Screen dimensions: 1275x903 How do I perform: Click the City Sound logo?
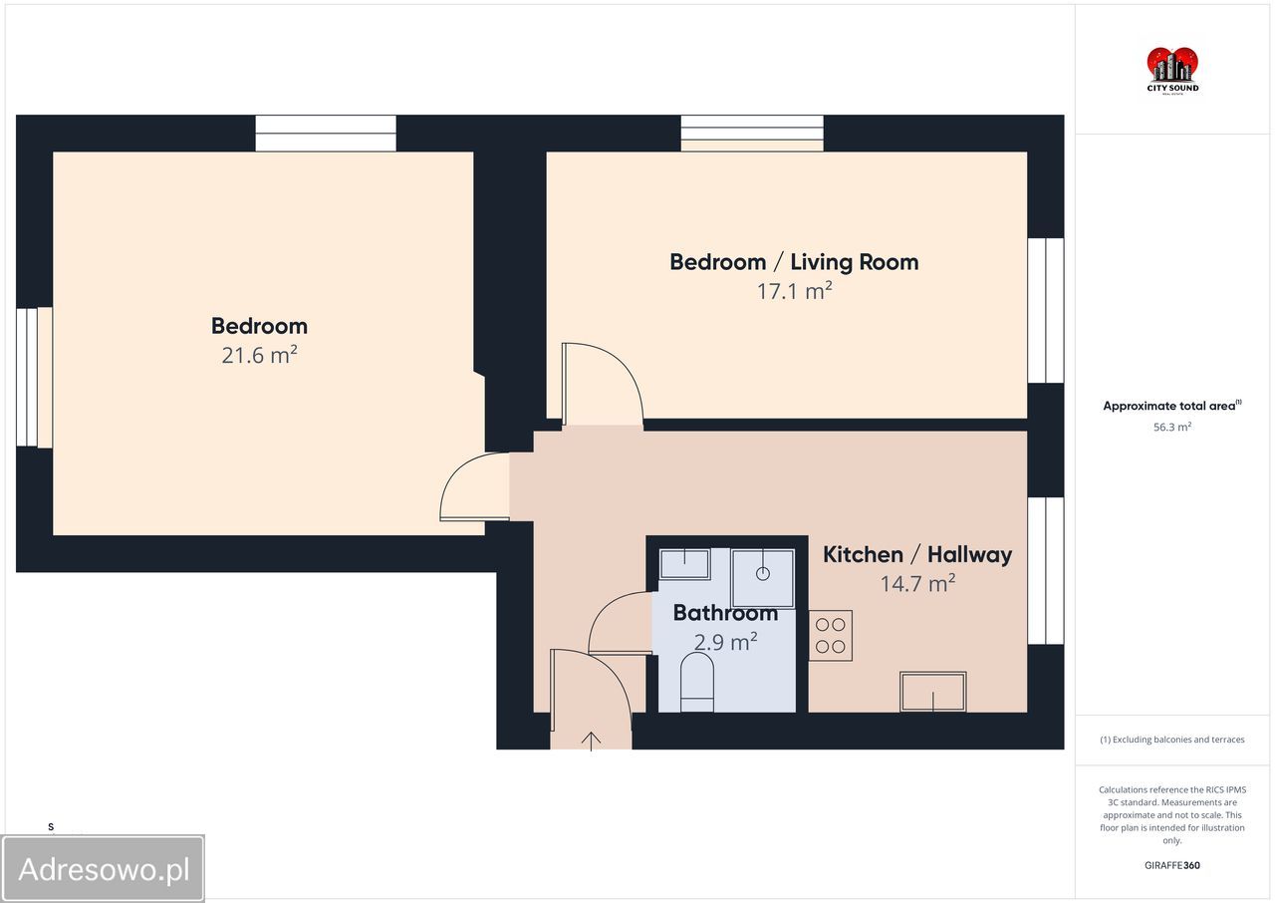[x=1172, y=71]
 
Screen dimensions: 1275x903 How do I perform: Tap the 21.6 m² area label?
[x=260, y=355]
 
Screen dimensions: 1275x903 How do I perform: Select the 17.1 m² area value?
[x=794, y=290]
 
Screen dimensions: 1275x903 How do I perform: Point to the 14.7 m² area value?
[x=917, y=583]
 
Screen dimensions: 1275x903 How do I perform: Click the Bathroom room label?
[x=725, y=613]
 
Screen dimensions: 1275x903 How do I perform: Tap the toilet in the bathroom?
[x=697, y=682]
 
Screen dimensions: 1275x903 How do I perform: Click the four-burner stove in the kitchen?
[x=831, y=636]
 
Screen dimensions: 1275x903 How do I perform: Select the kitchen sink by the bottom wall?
[x=933, y=692]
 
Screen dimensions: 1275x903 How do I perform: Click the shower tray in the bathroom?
[x=763, y=578]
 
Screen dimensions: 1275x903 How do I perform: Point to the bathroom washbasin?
[x=684, y=564]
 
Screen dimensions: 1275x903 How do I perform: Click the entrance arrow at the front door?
[x=591, y=742]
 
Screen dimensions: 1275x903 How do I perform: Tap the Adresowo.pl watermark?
[x=103, y=869]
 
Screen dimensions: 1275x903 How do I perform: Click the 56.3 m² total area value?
[x=1172, y=427]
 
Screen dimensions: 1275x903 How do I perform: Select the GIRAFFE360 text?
[x=1172, y=865]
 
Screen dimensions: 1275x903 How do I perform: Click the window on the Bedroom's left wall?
[x=34, y=377]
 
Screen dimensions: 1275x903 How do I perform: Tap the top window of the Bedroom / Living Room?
[x=752, y=134]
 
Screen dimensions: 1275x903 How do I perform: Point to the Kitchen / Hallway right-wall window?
[x=1046, y=570]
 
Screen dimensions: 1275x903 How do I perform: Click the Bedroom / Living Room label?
[x=794, y=262]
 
